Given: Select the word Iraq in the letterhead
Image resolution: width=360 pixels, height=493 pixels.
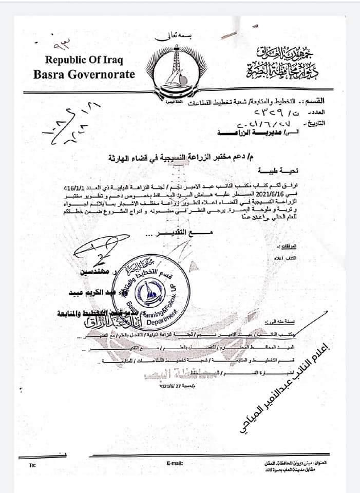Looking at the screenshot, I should (110, 59).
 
